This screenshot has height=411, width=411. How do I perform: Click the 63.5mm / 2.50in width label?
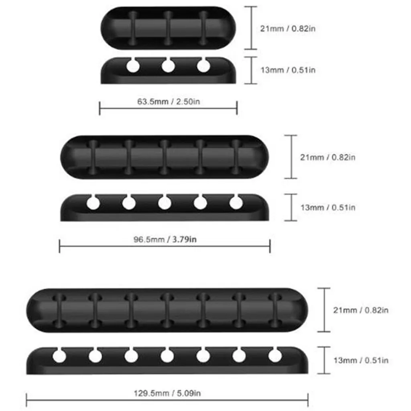(169, 101)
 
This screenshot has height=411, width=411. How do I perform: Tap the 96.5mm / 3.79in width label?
(165, 240)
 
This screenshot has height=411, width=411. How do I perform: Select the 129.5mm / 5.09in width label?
(167, 393)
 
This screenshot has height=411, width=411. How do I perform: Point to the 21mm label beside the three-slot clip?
(288, 28)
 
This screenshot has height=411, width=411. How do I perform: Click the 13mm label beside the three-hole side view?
(288, 70)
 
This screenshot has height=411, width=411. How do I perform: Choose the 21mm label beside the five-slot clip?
(328, 157)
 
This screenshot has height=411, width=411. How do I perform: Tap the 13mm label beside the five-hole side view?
(328, 208)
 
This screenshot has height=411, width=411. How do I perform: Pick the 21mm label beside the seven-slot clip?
(361, 310)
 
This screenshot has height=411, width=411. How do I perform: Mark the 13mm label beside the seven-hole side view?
(361, 360)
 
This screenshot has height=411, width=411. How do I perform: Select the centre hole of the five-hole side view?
(165, 203)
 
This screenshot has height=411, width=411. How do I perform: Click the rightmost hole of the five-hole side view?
(236, 203)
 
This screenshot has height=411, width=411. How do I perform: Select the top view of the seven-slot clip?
(167, 310)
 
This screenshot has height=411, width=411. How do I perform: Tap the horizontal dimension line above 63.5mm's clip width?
(169, 108)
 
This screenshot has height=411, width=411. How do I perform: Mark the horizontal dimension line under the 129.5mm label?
(167, 400)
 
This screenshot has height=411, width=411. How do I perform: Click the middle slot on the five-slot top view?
(164, 157)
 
